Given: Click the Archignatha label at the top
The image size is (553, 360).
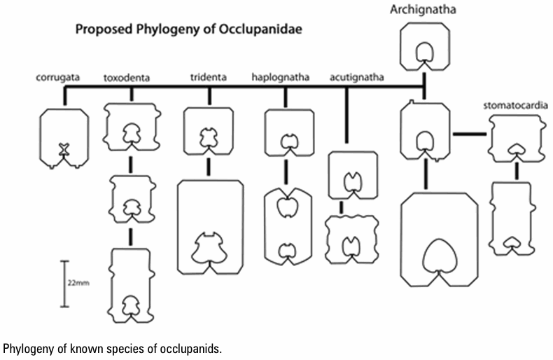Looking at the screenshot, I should pos(423,10).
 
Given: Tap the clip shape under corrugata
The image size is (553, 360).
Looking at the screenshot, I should pos(64,138).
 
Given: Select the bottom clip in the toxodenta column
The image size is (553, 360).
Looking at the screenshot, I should pos(130,284).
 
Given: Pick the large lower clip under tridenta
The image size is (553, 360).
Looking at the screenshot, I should pos(210,228).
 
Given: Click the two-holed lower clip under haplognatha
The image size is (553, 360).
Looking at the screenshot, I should pos(286,226).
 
